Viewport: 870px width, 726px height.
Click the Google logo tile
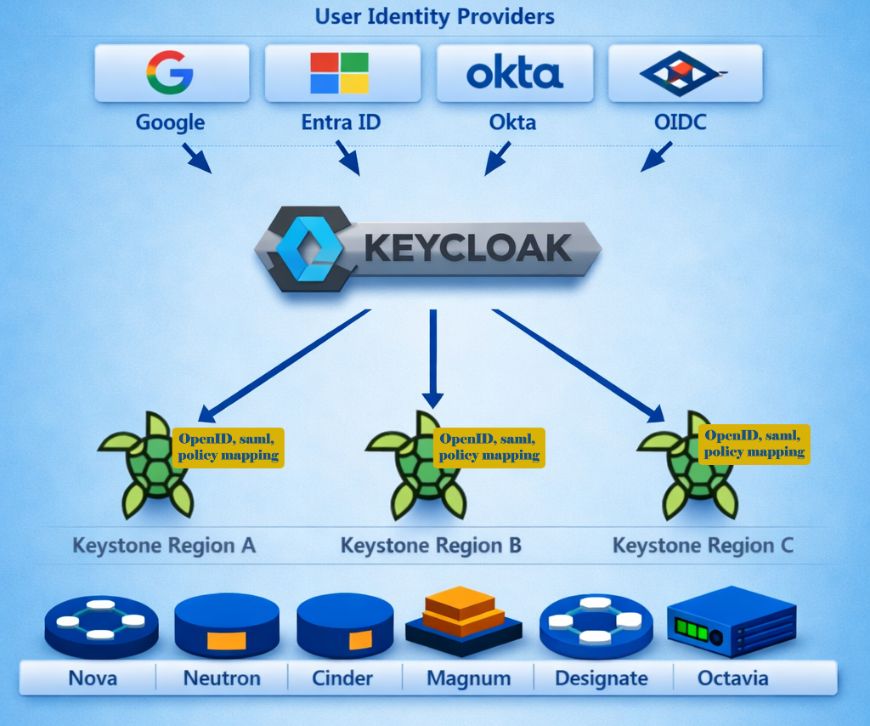click(x=171, y=72)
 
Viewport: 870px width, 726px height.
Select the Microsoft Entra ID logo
click(x=339, y=72)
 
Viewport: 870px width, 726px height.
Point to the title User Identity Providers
click(x=434, y=16)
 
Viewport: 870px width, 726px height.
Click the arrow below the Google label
click(x=196, y=158)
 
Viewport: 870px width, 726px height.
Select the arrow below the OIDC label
click(x=656, y=156)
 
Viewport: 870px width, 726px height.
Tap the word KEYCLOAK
click(x=467, y=248)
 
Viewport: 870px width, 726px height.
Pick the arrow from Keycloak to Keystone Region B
click(x=433, y=357)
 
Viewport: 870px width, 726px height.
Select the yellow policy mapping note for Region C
click(x=754, y=445)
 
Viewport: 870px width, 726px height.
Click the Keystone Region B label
click(x=431, y=545)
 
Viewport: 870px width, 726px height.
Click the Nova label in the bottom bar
click(x=93, y=678)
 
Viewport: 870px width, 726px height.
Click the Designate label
click(x=601, y=678)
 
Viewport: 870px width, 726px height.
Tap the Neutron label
click(x=222, y=678)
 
